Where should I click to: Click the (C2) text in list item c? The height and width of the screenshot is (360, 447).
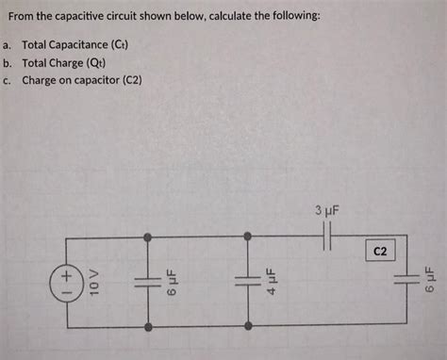pos(130,80)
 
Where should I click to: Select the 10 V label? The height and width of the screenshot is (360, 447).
pos(92,282)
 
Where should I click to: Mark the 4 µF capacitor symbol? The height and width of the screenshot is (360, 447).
pos(247,281)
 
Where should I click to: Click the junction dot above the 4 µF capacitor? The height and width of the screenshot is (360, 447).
pos(247,237)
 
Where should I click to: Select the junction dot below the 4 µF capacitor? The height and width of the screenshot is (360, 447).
pos(247,326)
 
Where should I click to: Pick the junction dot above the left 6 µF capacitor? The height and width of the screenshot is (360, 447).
pos(148,237)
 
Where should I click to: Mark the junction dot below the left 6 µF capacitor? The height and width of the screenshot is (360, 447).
pos(148,326)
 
